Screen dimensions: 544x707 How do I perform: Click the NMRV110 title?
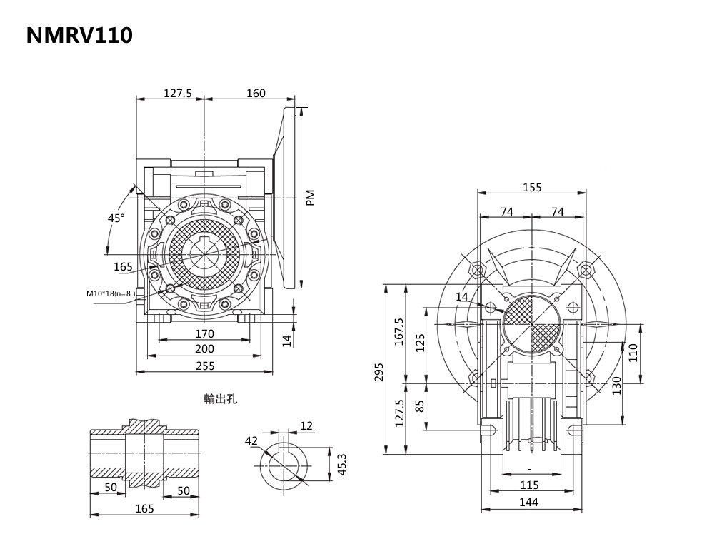click(79, 36)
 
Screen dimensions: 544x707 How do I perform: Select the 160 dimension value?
click(256, 93)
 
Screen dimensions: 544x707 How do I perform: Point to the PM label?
click(310, 198)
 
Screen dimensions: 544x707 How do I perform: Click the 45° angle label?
click(116, 218)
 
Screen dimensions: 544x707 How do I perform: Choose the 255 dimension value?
click(204, 366)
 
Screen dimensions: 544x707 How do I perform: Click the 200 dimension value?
click(204, 349)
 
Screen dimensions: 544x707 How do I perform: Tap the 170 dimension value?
click(204, 333)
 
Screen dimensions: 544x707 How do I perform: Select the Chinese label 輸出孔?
click(220, 399)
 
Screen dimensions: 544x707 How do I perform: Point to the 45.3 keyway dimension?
click(341, 463)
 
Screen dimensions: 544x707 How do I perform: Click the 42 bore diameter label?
click(251, 441)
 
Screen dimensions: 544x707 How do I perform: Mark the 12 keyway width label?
click(306, 426)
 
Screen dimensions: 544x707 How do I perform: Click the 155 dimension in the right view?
click(532, 188)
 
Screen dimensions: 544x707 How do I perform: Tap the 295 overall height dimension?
click(379, 372)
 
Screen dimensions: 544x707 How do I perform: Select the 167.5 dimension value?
click(398, 332)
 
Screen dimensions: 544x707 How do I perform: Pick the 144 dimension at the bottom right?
click(528, 503)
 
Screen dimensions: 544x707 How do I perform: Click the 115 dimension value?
click(529, 485)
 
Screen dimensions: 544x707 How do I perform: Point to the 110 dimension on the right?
click(633, 353)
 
